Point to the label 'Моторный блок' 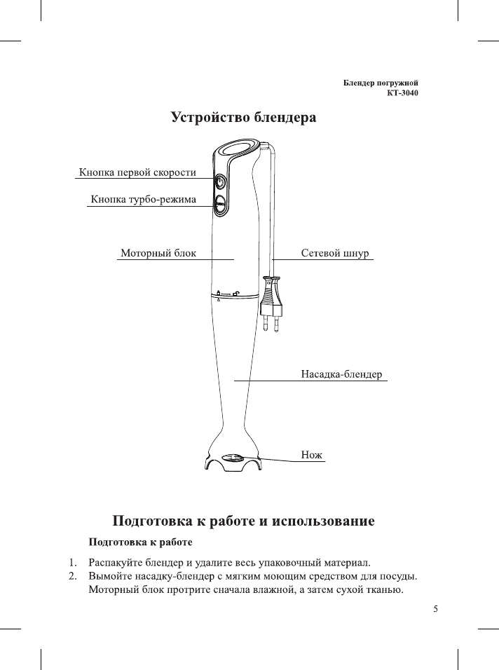pos(158,252)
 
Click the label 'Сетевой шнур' pos(334,252)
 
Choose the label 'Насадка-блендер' pos(341,374)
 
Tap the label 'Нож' pos(311,455)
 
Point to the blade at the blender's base pos(233,458)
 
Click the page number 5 pos(435,608)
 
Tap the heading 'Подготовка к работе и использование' pos(244,521)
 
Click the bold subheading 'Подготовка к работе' pos(140,542)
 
